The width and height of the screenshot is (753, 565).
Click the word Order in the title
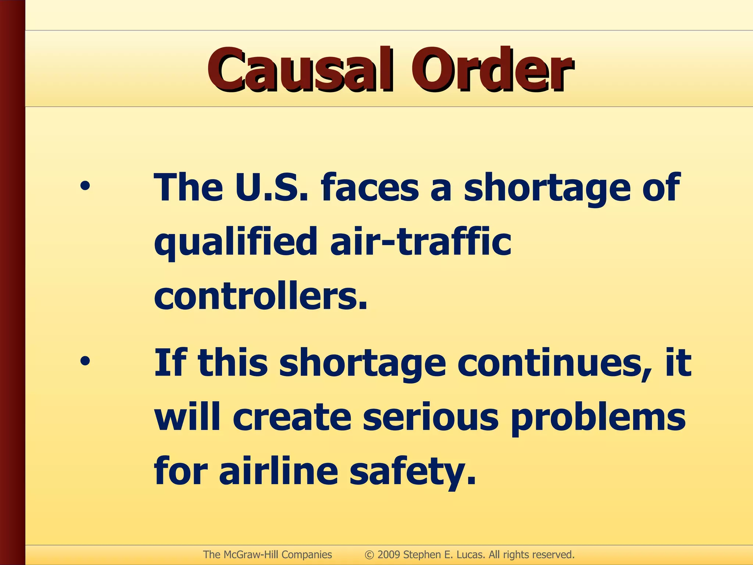point(490,70)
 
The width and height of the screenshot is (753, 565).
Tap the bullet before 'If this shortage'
point(85,362)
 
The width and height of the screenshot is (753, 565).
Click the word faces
point(370,188)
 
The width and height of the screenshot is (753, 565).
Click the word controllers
point(260,296)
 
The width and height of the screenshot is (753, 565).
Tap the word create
point(292,417)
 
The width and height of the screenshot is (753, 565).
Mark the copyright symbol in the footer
point(369,555)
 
